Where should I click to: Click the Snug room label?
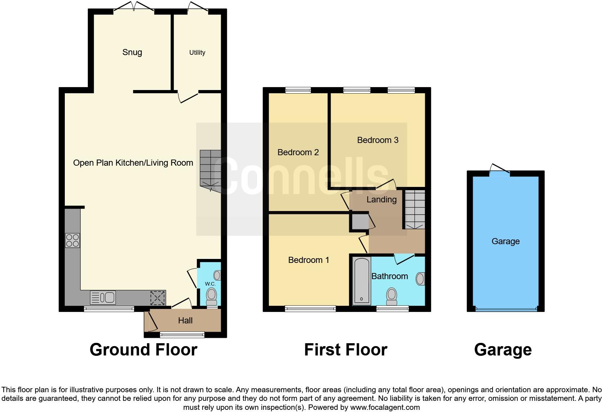[x=132, y=52]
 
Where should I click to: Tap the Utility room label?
[x=197, y=53]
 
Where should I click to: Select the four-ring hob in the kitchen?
[x=72, y=240]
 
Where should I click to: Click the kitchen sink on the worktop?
[x=103, y=297]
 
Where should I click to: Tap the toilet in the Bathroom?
[x=391, y=296]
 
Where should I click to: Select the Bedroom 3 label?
[x=378, y=140]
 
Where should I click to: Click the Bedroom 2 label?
[x=298, y=152]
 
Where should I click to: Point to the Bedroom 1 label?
[x=309, y=260]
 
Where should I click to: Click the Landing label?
[x=382, y=200]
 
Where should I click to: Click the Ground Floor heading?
[x=143, y=350]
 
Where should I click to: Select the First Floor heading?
[x=346, y=350]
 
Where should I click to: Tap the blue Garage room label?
[x=506, y=241]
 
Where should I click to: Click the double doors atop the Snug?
[x=134, y=8]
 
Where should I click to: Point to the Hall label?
[x=185, y=321]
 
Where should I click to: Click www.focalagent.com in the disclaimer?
[x=385, y=408]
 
